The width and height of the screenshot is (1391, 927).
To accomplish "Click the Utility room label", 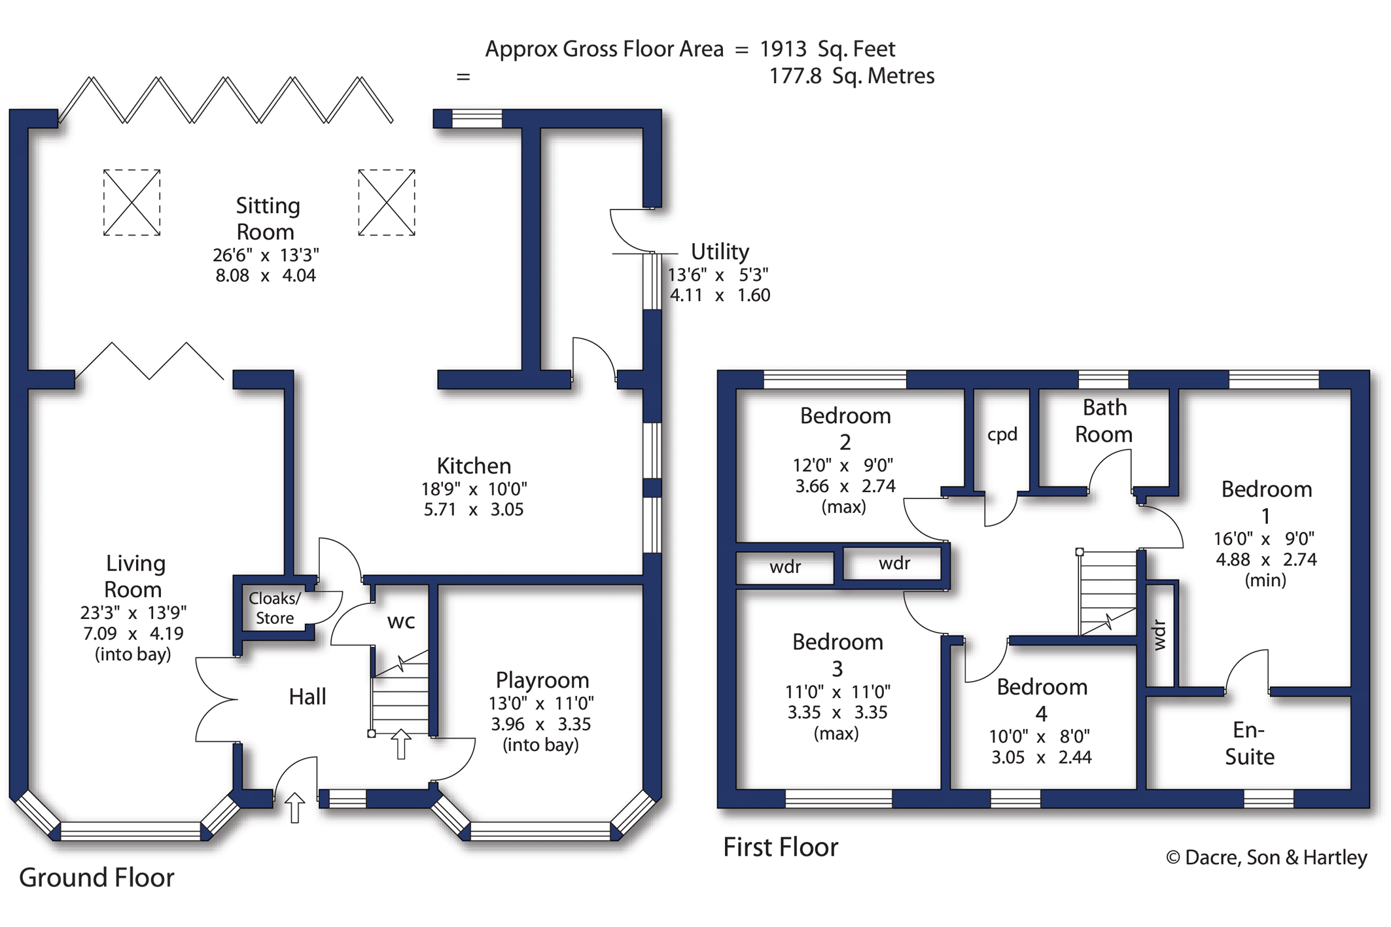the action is (x=720, y=252).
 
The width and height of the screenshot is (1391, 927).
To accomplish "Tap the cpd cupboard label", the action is (x=1002, y=435).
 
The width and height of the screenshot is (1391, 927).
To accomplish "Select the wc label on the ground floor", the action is (x=401, y=621).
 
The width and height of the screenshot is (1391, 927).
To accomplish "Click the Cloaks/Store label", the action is (x=275, y=608).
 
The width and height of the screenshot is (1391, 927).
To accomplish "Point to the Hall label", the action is (x=308, y=697).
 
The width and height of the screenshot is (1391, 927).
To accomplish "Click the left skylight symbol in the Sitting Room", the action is (x=132, y=202).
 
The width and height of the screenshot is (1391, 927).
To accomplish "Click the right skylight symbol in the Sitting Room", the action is (x=387, y=202).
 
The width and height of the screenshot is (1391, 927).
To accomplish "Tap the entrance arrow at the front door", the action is (x=294, y=807).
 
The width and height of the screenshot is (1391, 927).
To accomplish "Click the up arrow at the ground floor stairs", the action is (x=401, y=744).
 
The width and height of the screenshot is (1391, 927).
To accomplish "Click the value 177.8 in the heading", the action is (x=795, y=76).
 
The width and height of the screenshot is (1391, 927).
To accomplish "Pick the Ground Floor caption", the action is (x=97, y=878).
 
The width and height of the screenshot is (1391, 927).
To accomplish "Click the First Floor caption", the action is (x=781, y=847).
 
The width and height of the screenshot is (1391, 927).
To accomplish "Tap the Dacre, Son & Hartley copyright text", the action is (x=1267, y=857).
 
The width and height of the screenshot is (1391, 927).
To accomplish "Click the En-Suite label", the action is (x=1250, y=743).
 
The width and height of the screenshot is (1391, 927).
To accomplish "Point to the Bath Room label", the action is (x=1104, y=421).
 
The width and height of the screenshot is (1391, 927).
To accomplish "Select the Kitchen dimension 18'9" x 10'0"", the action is (x=474, y=489).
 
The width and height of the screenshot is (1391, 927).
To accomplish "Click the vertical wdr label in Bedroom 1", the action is (x=1159, y=635).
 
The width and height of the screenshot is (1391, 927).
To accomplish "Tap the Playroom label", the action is (x=542, y=680).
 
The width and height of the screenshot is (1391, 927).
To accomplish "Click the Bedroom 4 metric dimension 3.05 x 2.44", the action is (x=1041, y=758).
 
